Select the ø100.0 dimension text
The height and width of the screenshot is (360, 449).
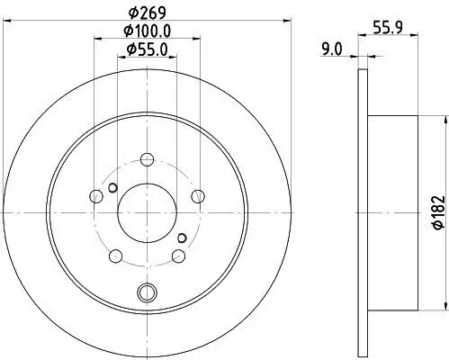click(147, 33)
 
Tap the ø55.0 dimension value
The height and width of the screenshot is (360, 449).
click(147, 50)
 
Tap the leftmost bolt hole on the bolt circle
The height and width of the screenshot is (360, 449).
click(96, 196)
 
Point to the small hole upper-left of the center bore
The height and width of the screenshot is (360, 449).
click(112, 187)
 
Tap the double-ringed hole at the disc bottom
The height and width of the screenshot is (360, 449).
click(148, 291)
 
